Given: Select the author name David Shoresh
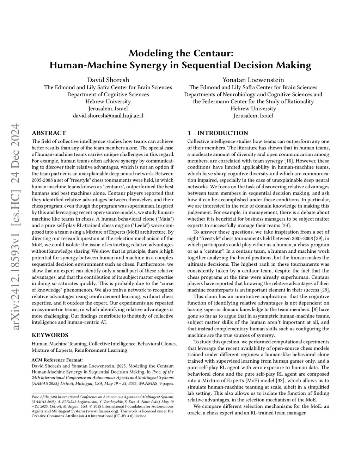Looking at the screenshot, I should coord(108,80).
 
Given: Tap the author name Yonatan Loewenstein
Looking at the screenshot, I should coord(253,80).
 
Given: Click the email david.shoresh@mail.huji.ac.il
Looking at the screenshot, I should coord(108,116).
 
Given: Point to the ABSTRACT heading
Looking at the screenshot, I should coord(49,133).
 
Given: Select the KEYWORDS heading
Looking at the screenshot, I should coord(50,335).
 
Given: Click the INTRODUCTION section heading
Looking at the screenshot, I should coord(222,133).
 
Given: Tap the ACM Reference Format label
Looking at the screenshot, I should coord(57,360).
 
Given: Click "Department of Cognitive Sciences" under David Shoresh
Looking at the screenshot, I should coord(108,94).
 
